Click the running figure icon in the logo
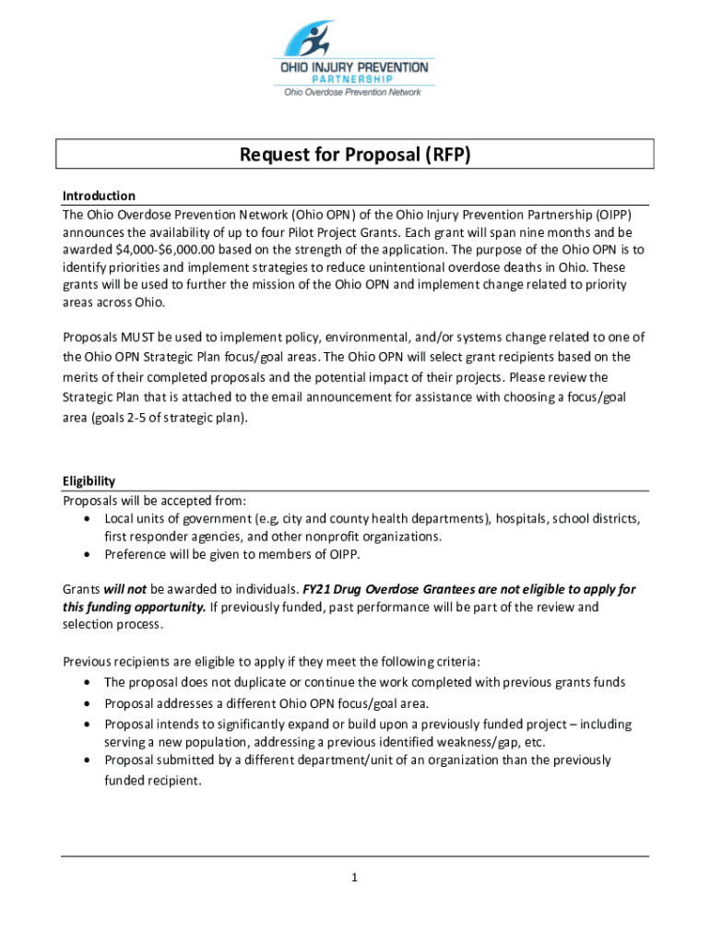pyautogui.click(x=318, y=39)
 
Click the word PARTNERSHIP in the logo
pyautogui.click(x=354, y=78)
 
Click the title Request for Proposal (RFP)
pyautogui.click(x=355, y=155)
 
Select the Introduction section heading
pyautogui.click(x=99, y=195)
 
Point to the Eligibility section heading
pyautogui.click(x=89, y=481)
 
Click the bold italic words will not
pyautogui.click(x=125, y=589)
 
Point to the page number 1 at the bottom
pyautogui.click(x=354, y=878)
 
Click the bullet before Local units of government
pyautogui.click(x=86, y=519)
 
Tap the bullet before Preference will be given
pyautogui.click(x=86, y=555)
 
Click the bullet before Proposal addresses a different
pyautogui.click(x=86, y=703)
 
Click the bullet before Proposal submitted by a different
pyautogui.click(x=86, y=761)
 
